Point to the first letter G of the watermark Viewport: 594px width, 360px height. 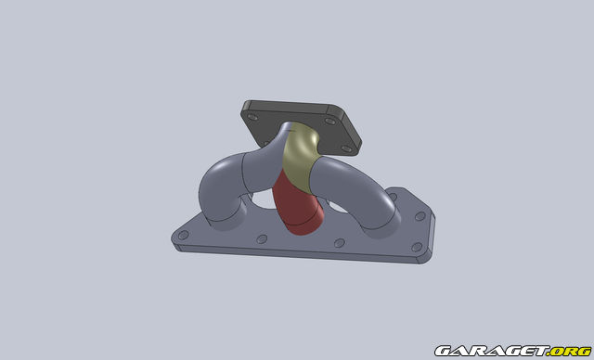[441, 350]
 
